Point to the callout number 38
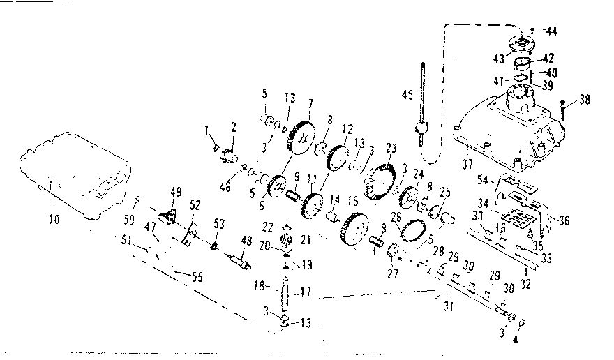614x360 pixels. (x=584, y=100)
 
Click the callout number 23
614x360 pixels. (x=390, y=147)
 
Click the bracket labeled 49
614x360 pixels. (x=167, y=216)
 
